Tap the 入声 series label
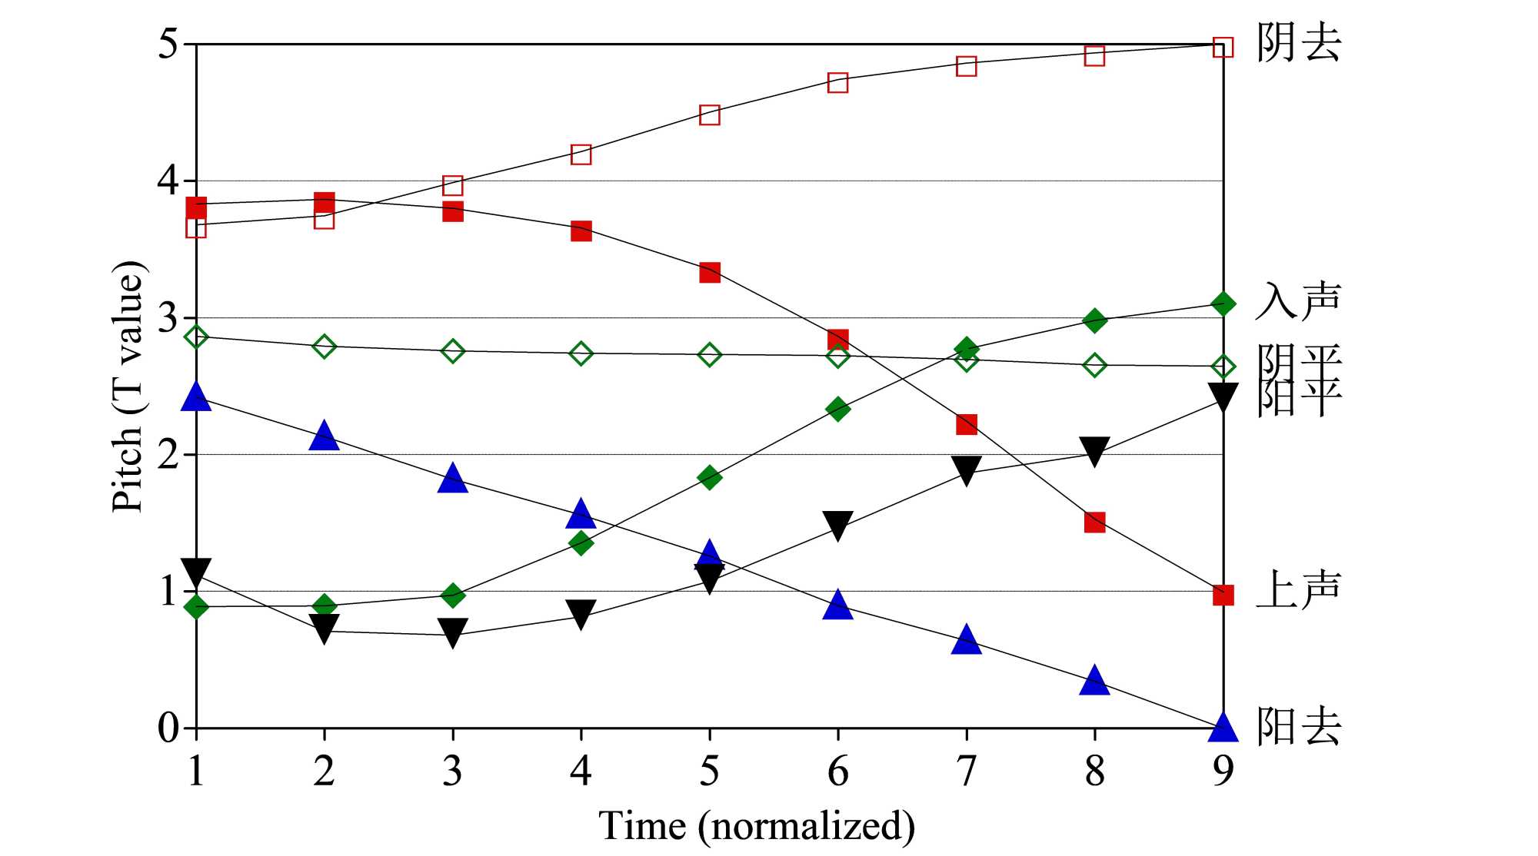tap(1298, 301)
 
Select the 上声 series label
tap(1298, 590)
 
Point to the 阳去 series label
tap(1298, 726)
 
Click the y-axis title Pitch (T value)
tap(128, 387)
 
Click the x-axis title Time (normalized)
tap(757, 827)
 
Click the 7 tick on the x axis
tap(967, 770)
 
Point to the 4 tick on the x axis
tap(581, 770)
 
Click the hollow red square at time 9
tap(1223, 48)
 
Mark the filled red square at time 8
tap(1094, 523)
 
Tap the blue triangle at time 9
tap(1223, 726)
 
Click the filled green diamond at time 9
tap(1223, 304)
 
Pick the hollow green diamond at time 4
tap(581, 353)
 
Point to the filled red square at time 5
tap(710, 272)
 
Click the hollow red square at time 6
tap(838, 82)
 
